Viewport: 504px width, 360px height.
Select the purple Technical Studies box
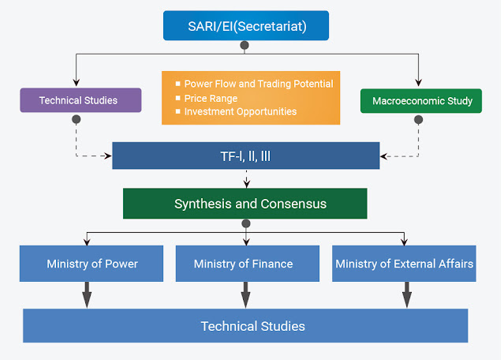80,100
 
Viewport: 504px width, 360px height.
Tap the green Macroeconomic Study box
420,100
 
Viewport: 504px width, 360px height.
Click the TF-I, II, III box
245,156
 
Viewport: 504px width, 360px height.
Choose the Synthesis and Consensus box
245,204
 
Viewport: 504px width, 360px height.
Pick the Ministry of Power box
92,264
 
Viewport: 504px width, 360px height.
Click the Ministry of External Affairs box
405,264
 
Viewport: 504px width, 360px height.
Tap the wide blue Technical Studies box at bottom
245,325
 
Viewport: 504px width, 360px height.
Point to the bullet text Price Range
211,98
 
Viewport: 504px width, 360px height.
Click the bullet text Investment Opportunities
240,111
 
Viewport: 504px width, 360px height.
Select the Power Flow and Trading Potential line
258,84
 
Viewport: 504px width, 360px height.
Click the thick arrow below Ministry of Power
87,294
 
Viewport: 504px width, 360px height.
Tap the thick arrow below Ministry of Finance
245,294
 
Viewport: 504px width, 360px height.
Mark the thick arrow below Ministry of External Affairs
407,294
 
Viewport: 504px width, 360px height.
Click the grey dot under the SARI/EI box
245,45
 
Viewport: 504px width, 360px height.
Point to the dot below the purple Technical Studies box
76,119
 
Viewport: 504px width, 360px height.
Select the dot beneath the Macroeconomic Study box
418,120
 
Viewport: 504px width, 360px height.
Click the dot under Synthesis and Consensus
246,223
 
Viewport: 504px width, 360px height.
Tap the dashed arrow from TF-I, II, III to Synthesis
246,178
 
